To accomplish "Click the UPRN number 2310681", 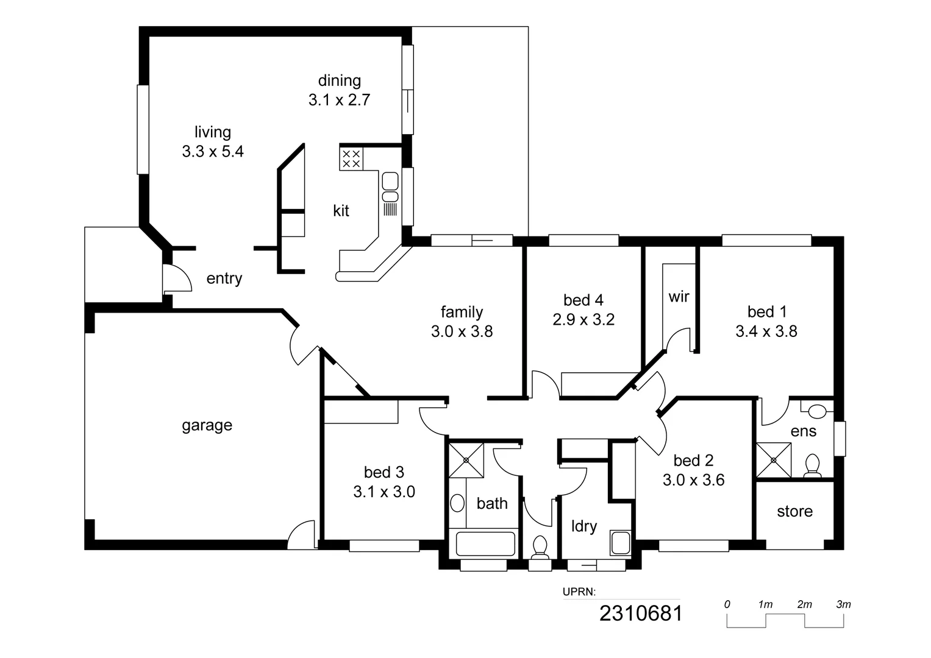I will (641, 613).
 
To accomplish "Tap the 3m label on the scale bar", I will (843, 604).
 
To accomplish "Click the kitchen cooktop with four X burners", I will (351, 158).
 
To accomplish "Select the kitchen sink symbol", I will (390, 186).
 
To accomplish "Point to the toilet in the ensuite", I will (812, 466).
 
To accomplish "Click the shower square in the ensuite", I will (773, 460).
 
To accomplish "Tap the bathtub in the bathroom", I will (486, 543).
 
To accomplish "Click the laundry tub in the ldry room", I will (621, 543).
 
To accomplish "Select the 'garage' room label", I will (207, 425).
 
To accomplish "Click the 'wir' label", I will (679, 297).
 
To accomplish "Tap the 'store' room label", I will (794, 511).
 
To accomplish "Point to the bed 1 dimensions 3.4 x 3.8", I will (766, 331).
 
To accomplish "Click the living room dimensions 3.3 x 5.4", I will (213, 151).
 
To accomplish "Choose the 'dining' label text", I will (340, 80).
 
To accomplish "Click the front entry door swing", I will (178, 279).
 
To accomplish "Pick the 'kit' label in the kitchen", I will (341, 211).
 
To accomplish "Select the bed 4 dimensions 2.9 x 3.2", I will (583, 319).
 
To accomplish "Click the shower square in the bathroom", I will (466, 461).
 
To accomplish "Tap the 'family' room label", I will (462, 312).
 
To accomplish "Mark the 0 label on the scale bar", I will (727, 604).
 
